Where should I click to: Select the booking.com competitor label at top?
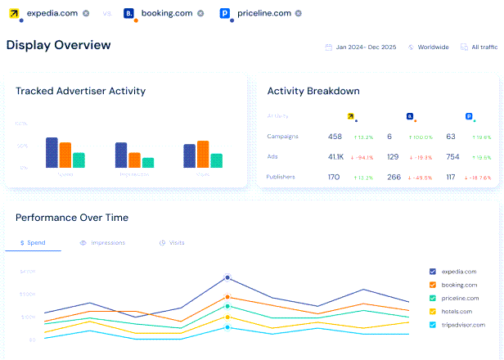(x=168, y=13)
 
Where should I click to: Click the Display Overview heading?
(x=58, y=45)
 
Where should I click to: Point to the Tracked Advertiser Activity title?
(x=80, y=91)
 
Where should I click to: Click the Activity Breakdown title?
(x=313, y=91)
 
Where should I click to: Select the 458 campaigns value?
(x=335, y=137)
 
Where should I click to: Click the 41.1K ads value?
(x=335, y=156)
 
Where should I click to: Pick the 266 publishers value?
(x=394, y=177)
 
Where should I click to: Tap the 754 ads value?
(x=452, y=156)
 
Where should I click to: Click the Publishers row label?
(x=281, y=177)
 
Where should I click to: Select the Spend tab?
(x=33, y=243)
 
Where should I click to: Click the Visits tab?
(x=173, y=243)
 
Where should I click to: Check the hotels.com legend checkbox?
(x=433, y=312)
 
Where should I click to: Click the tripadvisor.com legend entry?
(x=463, y=325)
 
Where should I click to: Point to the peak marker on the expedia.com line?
(x=227, y=277)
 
